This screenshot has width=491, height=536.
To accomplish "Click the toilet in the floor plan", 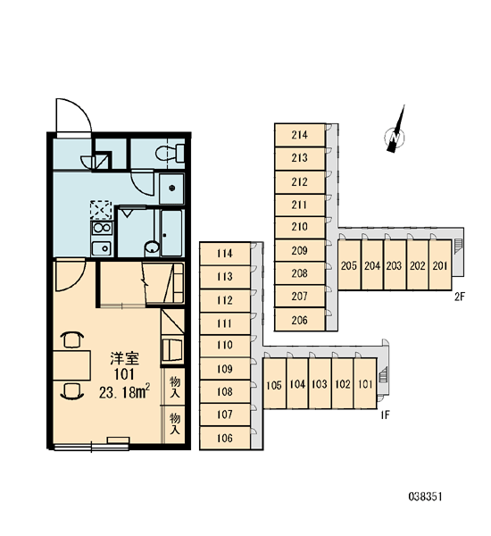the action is click(170, 153).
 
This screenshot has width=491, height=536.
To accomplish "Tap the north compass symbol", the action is click(395, 132).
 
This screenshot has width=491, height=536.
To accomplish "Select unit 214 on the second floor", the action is click(300, 135).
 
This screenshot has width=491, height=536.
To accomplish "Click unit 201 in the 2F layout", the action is click(440, 265).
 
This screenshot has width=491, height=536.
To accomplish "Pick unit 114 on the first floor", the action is click(225, 254).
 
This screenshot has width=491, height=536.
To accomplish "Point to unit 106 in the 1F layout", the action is click(225, 438).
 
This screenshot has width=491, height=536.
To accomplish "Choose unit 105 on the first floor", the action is click(274, 385).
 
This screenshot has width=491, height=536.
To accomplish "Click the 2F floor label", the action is click(460, 297).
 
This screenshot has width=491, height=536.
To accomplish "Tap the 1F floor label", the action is click(385, 415).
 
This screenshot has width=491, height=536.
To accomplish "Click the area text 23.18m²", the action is click(124, 392).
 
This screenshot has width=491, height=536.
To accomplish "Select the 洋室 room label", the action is click(124, 358).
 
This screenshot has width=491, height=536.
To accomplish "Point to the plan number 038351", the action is click(425, 497).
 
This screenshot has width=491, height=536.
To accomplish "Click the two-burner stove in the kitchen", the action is click(102, 228).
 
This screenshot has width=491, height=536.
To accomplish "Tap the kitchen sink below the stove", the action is click(102, 247).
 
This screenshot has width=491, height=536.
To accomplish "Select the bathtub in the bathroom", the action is click(171, 233).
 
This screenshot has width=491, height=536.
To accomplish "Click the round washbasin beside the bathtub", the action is click(152, 247).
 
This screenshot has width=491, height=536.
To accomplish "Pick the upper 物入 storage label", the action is click(175, 387).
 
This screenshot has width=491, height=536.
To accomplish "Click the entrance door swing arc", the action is click(80, 109).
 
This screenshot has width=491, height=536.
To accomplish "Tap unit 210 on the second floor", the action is click(300, 227).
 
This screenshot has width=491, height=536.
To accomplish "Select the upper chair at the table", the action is click(72, 339).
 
